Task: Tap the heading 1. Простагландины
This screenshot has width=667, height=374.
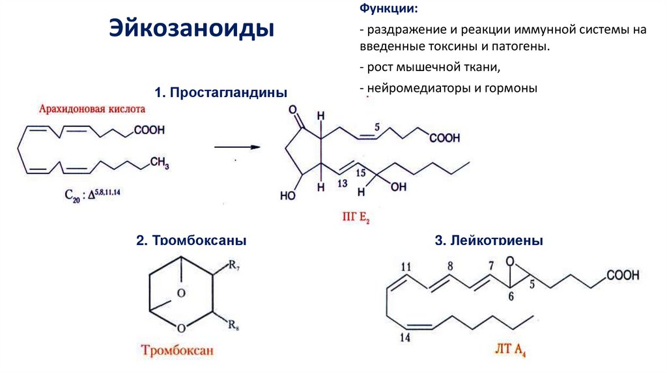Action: pos(221,93)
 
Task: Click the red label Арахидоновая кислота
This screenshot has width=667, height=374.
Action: pos(92,109)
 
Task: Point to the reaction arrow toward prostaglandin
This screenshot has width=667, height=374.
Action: pos(237,147)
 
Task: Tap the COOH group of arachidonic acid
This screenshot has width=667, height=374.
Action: pos(150,130)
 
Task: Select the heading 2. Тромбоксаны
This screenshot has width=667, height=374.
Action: pos(192,240)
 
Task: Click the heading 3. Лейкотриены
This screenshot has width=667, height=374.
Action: pos(489,240)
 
